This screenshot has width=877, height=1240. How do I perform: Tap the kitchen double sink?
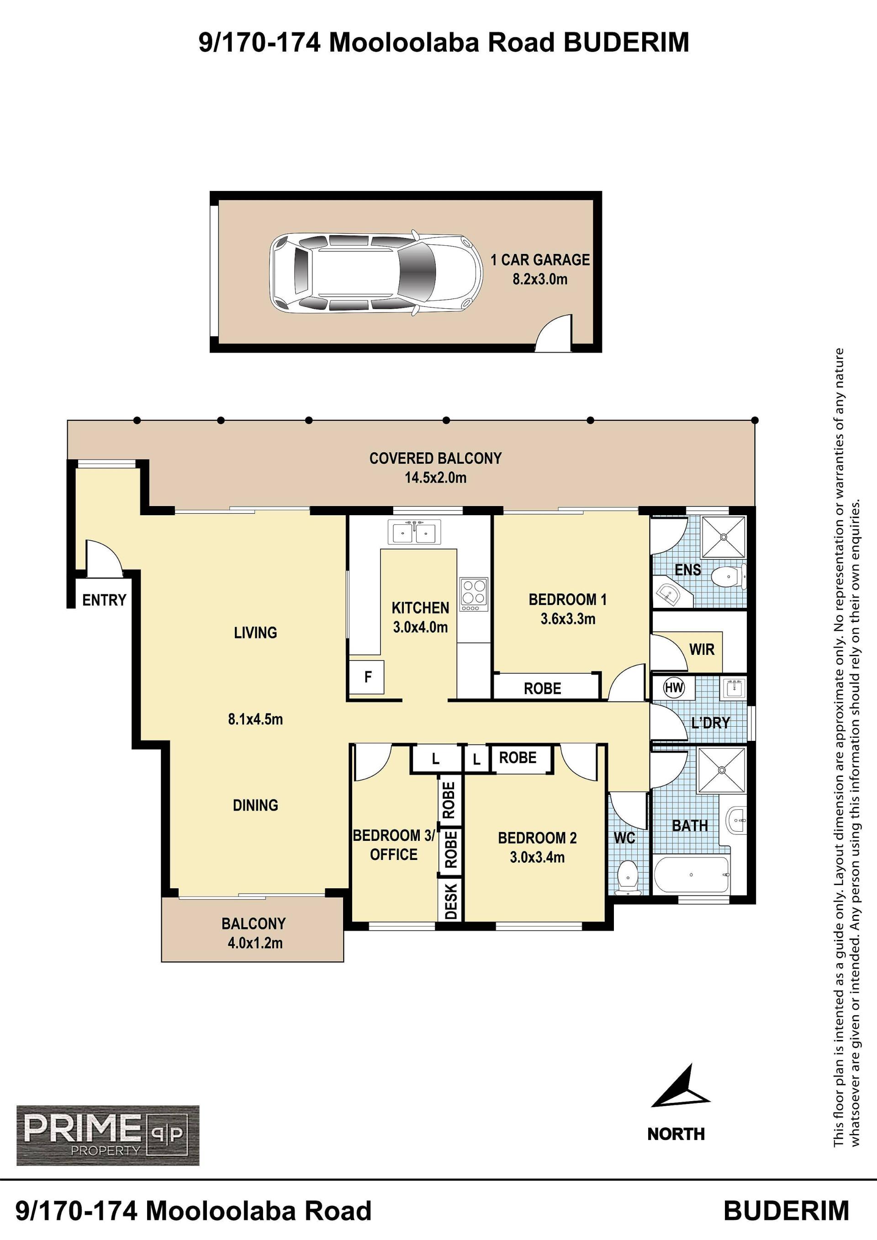(414, 532)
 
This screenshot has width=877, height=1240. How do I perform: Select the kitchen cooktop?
(474, 595)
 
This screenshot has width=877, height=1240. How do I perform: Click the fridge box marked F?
(367, 677)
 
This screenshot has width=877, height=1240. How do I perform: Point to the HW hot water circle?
(673, 687)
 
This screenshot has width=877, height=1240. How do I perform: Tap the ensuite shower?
(724, 537)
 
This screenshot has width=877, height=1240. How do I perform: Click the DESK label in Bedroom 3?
(451, 900)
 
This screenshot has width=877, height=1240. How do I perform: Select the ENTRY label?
(104, 600)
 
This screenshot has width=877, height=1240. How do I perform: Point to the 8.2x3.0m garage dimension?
(540, 279)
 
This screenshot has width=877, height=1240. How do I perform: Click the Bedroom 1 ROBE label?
(542, 689)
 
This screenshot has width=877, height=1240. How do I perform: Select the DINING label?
(255, 805)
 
